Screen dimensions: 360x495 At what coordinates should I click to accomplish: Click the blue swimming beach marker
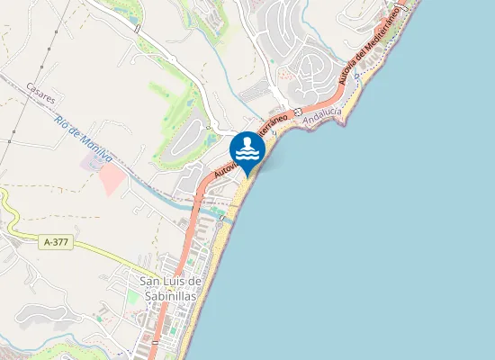point(247,151)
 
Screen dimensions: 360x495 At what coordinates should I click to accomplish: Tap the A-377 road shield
point(56,242)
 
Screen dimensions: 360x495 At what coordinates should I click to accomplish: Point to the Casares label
point(41,92)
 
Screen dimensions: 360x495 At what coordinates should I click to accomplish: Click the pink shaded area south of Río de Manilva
point(111,179)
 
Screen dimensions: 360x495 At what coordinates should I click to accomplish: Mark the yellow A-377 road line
point(108,252)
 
